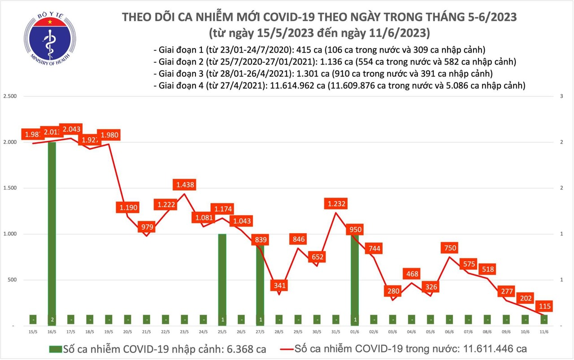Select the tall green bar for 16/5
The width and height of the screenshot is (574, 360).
52,229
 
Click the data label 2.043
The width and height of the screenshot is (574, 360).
72,129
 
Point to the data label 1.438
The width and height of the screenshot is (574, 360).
185,184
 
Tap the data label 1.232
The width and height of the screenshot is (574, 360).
336,204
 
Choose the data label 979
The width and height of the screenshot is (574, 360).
147,227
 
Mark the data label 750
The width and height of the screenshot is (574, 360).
450,248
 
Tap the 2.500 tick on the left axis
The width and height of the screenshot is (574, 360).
9,96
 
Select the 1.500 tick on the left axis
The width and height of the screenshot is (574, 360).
9,188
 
